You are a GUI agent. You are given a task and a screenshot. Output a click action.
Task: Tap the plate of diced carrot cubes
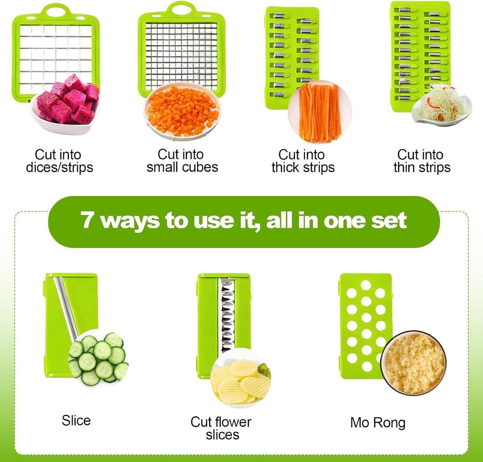click(182, 111)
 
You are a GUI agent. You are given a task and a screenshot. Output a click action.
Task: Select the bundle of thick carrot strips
click(320, 113)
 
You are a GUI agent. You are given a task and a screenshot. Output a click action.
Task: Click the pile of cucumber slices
click(98, 358)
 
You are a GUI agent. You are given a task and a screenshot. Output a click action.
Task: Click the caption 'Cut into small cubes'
click(182, 161)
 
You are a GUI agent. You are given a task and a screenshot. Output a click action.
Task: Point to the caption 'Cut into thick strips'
click(303, 161)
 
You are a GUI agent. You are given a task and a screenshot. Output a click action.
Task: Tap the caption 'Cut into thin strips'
click(422, 161)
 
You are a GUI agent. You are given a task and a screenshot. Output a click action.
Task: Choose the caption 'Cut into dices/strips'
click(59, 161)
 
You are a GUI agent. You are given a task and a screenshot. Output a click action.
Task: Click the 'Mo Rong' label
click(377, 423)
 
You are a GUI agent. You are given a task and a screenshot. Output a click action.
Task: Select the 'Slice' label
click(76, 420)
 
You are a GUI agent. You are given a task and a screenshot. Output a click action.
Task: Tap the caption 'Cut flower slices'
click(221, 428)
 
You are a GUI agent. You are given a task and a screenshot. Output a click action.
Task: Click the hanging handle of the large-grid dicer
click(56, 10)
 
